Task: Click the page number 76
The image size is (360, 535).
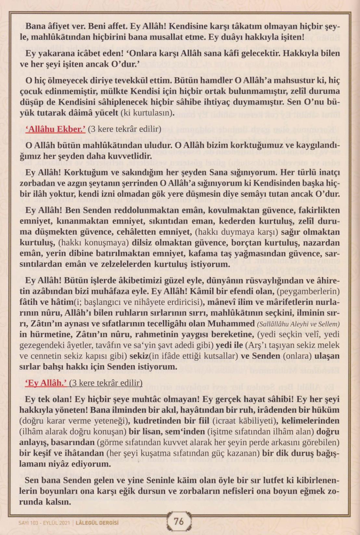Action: (179, 521)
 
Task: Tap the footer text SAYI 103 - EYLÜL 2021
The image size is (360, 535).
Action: (44, 523)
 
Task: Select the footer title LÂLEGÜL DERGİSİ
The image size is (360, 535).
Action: (97, 523)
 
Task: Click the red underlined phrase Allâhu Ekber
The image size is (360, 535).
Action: (55, 129)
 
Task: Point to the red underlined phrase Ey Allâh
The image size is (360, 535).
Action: (46, 383)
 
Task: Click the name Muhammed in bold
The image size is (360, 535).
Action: (231, 324)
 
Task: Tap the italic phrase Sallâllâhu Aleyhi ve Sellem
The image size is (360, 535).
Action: (298, 324)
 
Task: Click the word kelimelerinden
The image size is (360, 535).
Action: (311, 421)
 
